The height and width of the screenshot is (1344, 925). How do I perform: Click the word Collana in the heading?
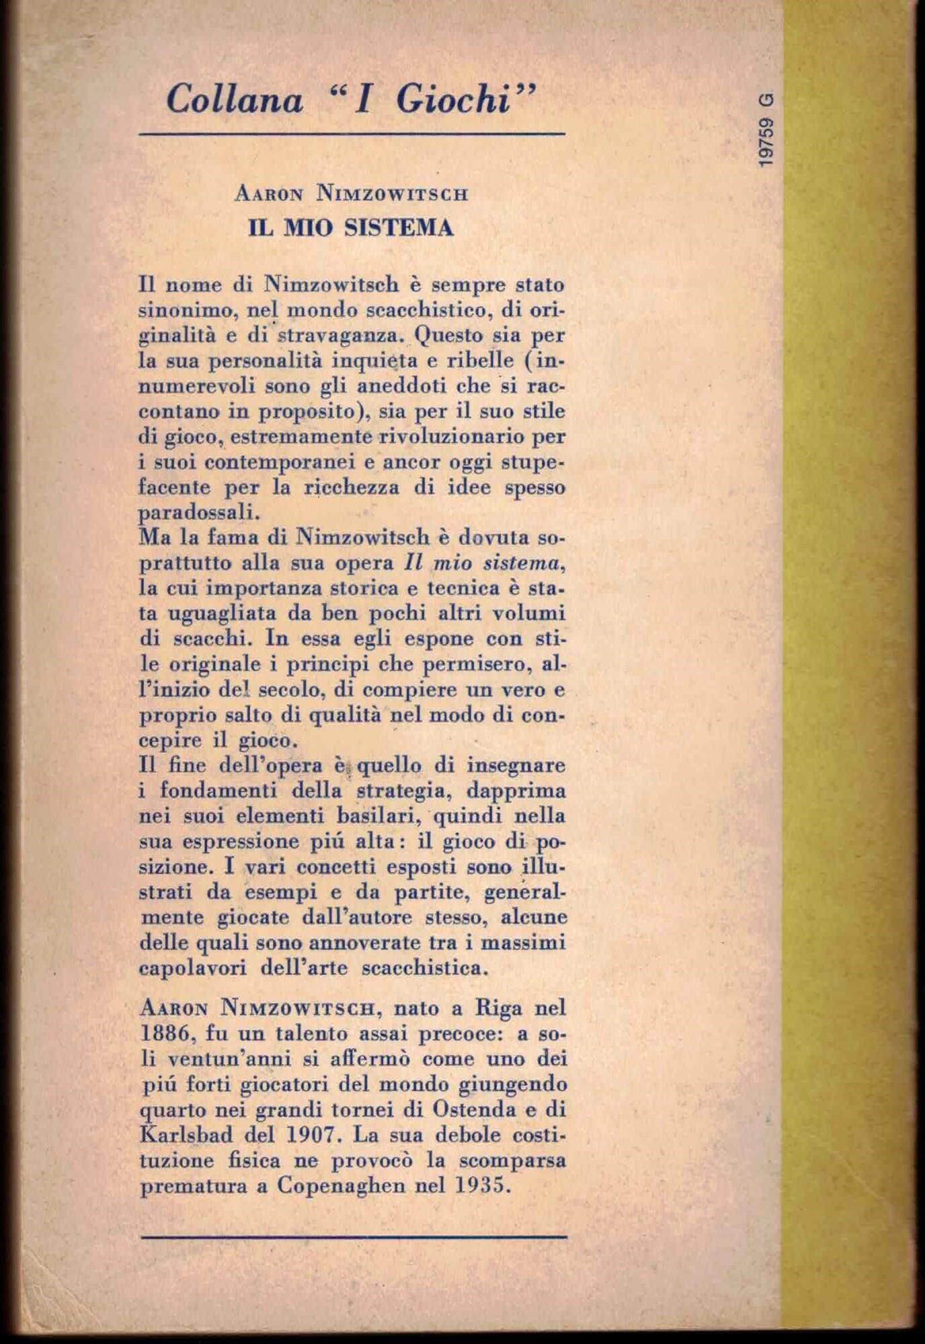click(x=235, y=101)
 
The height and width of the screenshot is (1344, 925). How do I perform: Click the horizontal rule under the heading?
click(x=352, y=134)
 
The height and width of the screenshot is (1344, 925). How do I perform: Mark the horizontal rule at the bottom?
click(x=354, y=1236)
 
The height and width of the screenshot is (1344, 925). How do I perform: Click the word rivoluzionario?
click(x=455, y=437)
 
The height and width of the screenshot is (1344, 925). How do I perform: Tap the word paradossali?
click(x=198, y=513)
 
